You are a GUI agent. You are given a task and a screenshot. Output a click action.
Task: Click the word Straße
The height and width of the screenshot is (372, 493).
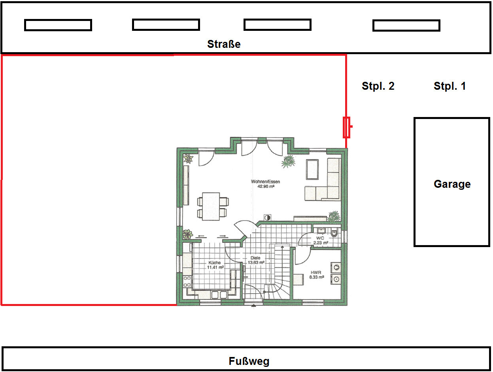coord(224,44)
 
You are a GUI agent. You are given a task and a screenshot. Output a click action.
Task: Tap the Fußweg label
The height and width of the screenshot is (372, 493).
coord(249,361)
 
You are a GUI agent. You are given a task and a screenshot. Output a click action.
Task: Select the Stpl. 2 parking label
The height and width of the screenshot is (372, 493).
coord(378,86)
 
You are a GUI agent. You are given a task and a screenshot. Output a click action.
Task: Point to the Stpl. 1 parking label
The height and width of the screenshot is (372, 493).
coord(450,86)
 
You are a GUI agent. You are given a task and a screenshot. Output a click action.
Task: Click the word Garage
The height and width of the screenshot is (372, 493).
coord(452,184)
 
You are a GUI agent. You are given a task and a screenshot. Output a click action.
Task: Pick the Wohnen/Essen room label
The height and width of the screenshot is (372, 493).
coord(266,181)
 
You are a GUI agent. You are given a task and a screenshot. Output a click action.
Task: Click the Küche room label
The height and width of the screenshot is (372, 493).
coord(215,262)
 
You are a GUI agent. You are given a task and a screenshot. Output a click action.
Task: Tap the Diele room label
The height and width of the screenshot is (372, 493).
coord(255,258)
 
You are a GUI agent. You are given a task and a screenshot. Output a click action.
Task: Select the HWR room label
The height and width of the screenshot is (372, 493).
coord(316,272)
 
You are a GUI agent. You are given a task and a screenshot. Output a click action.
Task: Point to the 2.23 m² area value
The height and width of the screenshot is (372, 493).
coord(321,243)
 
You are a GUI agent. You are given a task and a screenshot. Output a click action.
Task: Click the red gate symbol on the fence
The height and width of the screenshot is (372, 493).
coord(347,127)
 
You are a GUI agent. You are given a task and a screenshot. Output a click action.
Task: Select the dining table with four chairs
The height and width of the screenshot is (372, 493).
coord(213,206)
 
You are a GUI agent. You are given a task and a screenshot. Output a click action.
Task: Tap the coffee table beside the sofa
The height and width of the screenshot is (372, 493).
coord(312,170)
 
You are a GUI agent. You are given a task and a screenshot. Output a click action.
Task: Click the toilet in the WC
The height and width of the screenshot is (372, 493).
coord(334,232)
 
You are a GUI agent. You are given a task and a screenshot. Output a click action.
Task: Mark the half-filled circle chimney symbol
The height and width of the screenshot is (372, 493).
coord(267,217)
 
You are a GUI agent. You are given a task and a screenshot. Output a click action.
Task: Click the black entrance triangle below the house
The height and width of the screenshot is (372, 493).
coord(253,305)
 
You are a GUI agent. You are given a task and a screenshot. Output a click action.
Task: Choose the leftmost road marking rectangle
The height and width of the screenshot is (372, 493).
coord(58,25)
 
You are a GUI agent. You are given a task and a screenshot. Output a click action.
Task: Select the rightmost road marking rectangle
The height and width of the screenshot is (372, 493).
coord(406,25)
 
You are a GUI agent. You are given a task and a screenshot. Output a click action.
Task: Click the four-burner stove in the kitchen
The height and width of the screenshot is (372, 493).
coord(187,281)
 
